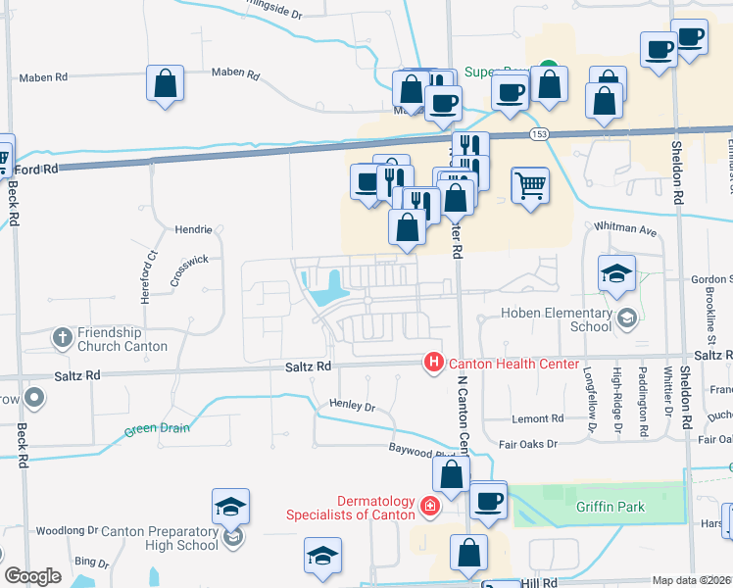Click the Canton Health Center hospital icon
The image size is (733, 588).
[x=433, y=364]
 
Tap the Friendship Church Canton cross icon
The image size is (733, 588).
[x=62, y=338]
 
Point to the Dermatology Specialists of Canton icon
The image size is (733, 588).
[x=428, y=507]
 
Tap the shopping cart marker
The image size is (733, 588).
[x=530, y=184]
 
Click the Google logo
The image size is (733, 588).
[x=32, y=576]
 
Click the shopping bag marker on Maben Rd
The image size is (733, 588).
[x=166, y=83]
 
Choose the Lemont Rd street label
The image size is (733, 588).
[x=539, y=417]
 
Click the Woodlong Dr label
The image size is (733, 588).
[x=68, y=530]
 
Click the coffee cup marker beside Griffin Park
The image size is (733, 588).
[x=487, y=501]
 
